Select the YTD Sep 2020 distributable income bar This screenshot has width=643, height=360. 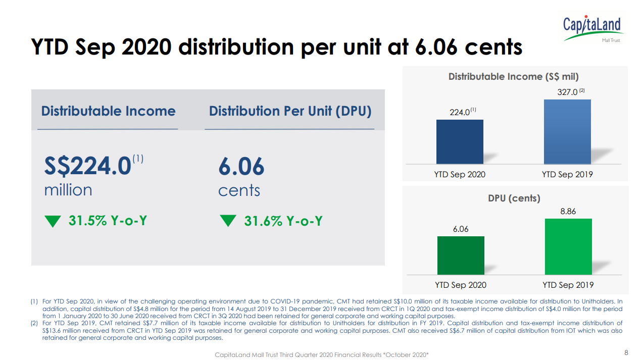459,142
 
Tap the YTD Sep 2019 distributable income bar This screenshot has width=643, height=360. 567,132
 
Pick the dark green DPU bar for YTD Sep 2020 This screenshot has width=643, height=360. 461,255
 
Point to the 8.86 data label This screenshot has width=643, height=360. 568,212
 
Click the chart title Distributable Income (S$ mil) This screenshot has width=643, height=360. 513,77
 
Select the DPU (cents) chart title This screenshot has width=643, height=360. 514,198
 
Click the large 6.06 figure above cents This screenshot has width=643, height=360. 241,167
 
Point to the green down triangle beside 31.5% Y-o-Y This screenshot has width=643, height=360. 53,221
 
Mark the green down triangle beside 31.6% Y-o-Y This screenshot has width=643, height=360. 228,221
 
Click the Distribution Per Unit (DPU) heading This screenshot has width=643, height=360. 290,111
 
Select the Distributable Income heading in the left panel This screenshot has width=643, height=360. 108,111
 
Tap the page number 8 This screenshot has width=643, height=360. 627,352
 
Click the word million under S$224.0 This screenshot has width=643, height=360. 68,190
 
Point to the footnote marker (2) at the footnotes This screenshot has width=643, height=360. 34,323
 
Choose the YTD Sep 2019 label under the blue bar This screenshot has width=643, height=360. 567,175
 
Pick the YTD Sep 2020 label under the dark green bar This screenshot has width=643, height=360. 460,285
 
